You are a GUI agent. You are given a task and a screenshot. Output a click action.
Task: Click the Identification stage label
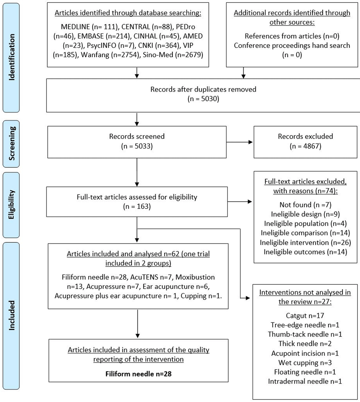12,57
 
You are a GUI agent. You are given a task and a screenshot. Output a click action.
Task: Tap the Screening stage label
12,143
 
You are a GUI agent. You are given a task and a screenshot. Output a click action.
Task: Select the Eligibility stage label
12,205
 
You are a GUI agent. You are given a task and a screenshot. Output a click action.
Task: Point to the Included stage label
12,315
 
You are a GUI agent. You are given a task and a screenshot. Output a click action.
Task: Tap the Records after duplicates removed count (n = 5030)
203,99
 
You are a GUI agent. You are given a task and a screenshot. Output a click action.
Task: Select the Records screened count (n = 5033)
137,146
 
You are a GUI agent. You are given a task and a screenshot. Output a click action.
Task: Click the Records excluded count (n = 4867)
305,146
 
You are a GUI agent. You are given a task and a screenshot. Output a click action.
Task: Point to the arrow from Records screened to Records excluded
240,142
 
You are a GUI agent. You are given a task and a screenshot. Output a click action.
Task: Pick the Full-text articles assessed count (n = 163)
137,206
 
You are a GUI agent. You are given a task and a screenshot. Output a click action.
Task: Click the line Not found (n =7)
305,205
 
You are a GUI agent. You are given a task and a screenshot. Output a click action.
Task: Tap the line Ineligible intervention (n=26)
305,242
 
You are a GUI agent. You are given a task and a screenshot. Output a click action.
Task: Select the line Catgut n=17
305,315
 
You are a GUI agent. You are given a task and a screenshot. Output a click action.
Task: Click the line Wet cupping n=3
305,362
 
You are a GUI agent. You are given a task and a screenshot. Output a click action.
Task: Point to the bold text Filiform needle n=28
138,374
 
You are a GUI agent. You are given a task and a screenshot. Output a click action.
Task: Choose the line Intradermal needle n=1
305,381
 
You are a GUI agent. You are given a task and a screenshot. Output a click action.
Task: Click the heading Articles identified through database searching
128,13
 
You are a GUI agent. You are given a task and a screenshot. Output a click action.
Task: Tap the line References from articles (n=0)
292,36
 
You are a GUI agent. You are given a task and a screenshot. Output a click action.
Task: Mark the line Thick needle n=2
305,343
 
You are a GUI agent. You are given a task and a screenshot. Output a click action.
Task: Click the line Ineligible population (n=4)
305,223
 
